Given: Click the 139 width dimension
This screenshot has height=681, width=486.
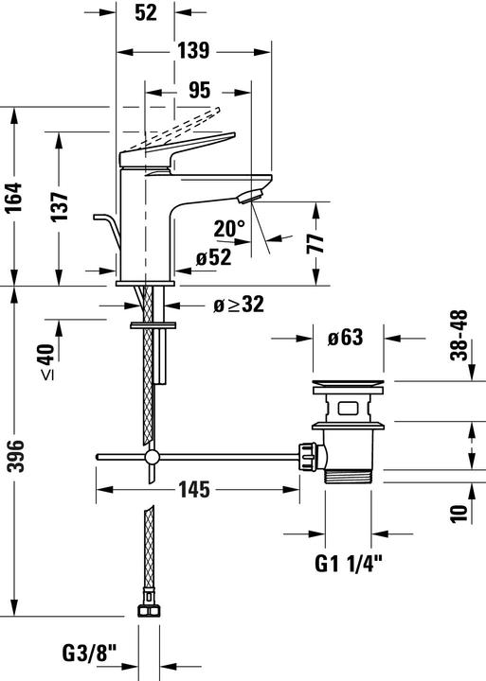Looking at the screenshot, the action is pyautogui.click(x=193, y=50).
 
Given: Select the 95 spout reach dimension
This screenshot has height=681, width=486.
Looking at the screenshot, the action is pyautogui.click(x=199, y=91).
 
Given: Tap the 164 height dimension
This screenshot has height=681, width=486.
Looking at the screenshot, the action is pyautogui.click(x=13, y=197).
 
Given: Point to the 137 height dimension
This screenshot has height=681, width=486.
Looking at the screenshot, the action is pyautogui.click(x=60, y=206).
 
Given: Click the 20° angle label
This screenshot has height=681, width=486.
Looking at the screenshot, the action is pyautogui.click(x=229, y=229).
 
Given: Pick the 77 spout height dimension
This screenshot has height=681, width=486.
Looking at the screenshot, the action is pyautogui.click(x=315, y=243).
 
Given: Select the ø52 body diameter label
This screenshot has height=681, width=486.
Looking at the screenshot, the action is pyautogui.click(x=213, y=257).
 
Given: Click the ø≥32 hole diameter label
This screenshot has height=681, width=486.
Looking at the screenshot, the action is pyautogui.click(x=239, y=305).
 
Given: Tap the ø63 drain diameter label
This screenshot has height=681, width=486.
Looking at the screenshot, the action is pyautogui.click(x=345, y=337).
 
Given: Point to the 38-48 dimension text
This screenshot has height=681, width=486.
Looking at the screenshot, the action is pyautogui.click(x=459, y=335).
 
